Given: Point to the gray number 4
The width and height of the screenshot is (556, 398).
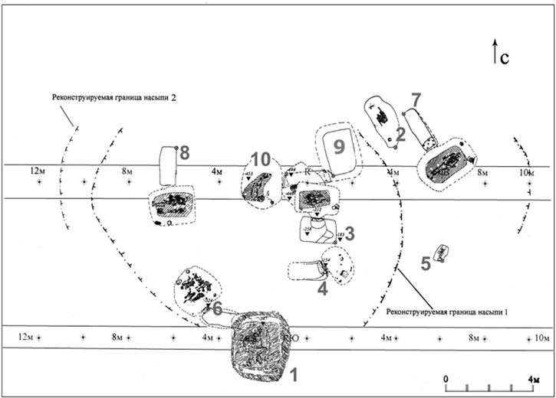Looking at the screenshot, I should coord(323,289).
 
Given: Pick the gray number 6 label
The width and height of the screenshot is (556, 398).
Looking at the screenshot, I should coord(216,308).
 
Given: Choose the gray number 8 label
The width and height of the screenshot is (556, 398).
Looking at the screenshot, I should coord(184,153).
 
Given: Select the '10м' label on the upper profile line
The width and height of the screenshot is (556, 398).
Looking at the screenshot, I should coord(525,174).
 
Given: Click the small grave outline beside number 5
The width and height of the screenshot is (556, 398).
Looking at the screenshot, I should coord(441,253).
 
